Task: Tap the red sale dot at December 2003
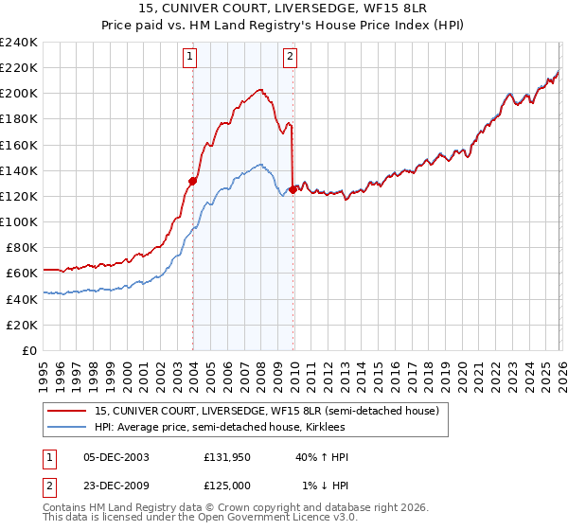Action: [192, 180]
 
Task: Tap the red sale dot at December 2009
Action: [293, 189]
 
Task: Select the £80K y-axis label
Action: [22, 248]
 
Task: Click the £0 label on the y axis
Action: [29, 350]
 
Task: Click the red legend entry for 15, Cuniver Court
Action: [266, 412]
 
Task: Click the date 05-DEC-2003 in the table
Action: [116, 456]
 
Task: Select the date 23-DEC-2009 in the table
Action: [116, 485]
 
